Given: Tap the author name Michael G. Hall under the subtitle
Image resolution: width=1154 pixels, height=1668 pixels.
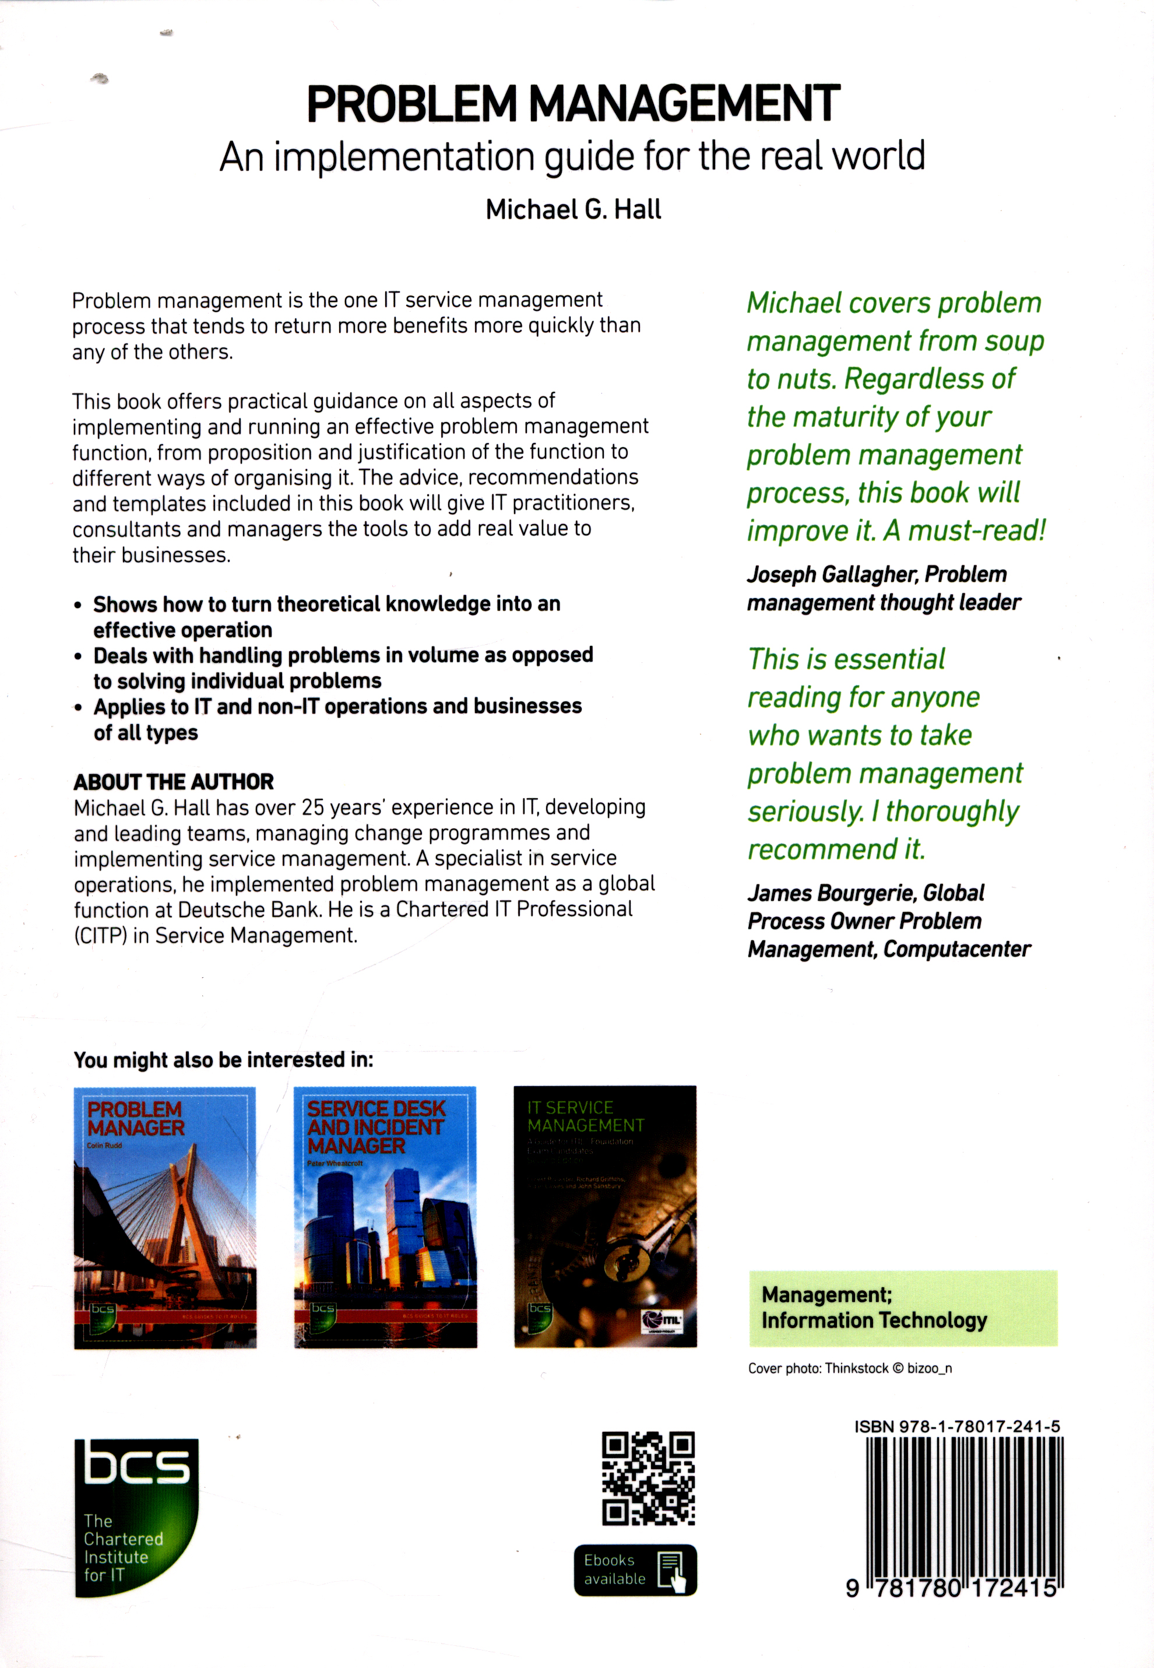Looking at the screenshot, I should point(574,210).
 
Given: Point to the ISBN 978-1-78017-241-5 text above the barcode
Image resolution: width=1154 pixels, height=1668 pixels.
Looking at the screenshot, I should point(956,1427).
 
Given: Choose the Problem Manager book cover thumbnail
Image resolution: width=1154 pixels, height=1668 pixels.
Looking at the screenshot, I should point(165,1217).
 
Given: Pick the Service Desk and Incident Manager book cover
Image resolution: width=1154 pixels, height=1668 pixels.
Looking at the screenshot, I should point(385,1217).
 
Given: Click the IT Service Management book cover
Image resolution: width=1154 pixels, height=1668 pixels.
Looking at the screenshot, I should point(605,1217).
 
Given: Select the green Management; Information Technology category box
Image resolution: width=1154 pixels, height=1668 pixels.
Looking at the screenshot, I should point(902,1308).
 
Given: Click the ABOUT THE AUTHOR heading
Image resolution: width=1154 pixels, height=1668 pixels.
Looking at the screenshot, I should point(174,782).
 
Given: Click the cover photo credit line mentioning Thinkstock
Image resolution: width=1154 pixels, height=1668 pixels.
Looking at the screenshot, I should point(850,1368).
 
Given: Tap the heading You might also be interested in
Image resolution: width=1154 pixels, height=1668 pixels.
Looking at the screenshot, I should point(223,1061).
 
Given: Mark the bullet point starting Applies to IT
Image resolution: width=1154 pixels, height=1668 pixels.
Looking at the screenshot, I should point(337,707).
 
